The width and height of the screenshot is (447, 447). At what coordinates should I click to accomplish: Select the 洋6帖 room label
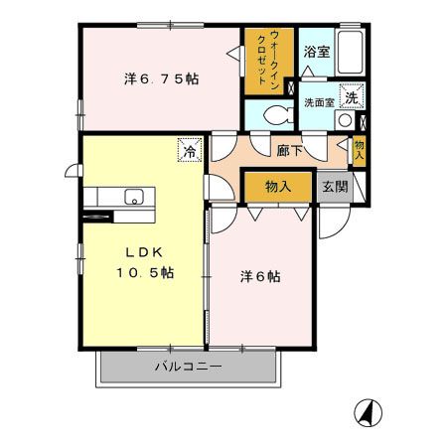260,276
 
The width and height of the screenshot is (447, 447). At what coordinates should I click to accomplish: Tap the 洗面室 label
317,101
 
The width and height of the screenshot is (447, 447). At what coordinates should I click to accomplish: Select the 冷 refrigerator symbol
189,151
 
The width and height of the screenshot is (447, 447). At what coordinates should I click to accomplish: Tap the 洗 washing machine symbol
350,97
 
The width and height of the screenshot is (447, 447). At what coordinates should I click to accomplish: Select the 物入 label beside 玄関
277,187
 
